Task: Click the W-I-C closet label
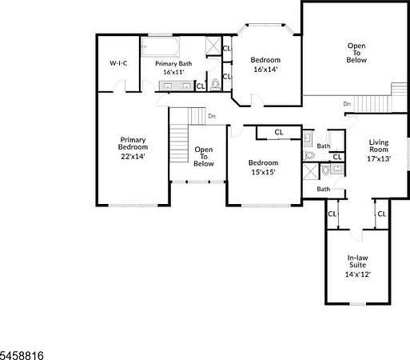[x=118, y=63]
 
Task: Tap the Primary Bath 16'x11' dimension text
[x=173, y=72]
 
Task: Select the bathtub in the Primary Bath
[x=160, y=46]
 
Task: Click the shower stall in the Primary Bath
[x=213, y=46]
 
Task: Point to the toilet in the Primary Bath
[x=215, y=85]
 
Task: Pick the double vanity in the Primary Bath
[x=176, y=86]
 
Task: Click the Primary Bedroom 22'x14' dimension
[x=133, y=156]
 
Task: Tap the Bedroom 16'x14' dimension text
[x=265, y=70]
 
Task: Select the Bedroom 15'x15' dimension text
[x=263, y=172]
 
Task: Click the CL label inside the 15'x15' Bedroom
[x=279, y=132]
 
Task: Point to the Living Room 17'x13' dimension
[x=379, y=158]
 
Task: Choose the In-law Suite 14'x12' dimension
[x=358, y=274]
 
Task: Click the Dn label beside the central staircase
[x=212, y=116]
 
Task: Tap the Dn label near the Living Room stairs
[x=347, y=104]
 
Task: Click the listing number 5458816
[x=22, y=355]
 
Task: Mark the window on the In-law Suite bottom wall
[x=357, y=304]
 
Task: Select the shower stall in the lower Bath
[x=311, y=172]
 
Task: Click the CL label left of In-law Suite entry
[x=332, y=214]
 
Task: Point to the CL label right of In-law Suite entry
[x=381, y=214]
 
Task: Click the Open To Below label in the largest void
[x=356, y=53]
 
